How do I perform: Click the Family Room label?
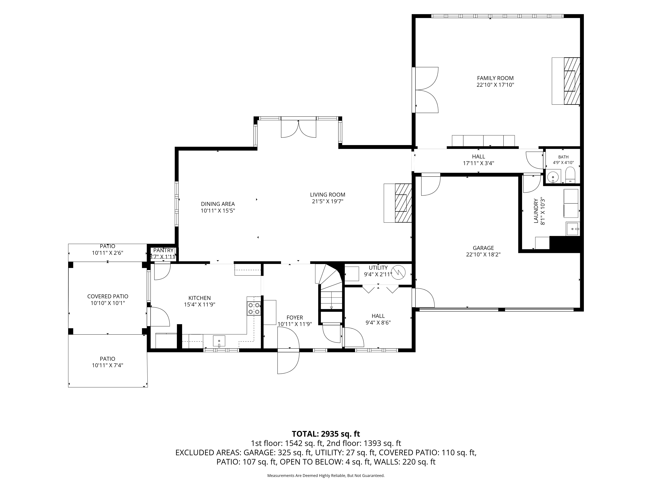click(x=495, y=78)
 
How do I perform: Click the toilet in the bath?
click(x=570, y=175)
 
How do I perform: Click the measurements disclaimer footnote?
click(x=326, y=475)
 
